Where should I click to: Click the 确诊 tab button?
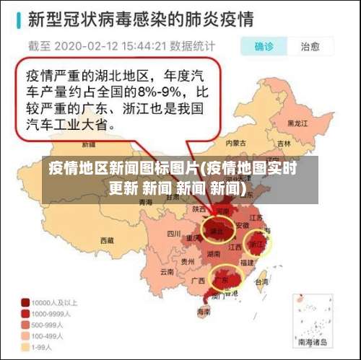pyautogui.click(x=264, y=47)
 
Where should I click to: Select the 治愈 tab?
pyautogui.click(x=310, y=47)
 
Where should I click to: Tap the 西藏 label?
pyautogui.click(x=107, y=240)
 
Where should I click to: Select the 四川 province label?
pyautogui.click(x=173, y=234)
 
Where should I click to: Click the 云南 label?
pyautogui.click(x=167, y=272)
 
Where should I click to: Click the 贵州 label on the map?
pyautogui.click(x=188, y=261)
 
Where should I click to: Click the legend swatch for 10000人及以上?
pyautogui.click(x=25, y=303)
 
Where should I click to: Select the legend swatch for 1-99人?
pyautogui.click(x=25, y=346)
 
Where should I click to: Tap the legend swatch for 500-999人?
pyautogui.click(x=25, y=325)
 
